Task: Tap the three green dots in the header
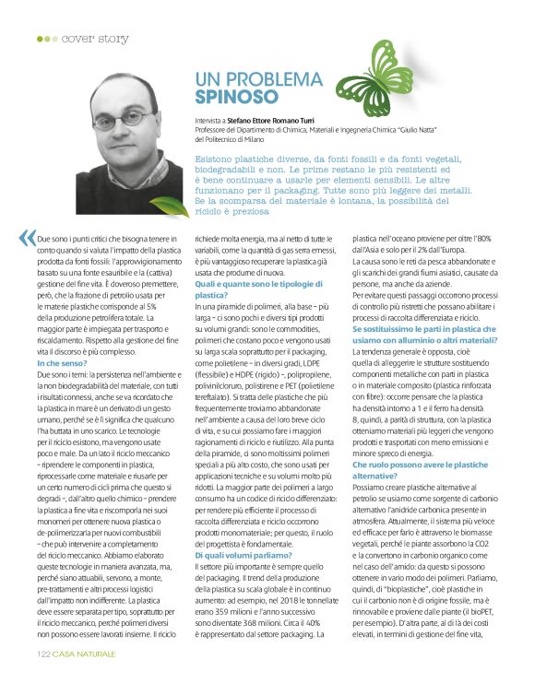46,39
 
